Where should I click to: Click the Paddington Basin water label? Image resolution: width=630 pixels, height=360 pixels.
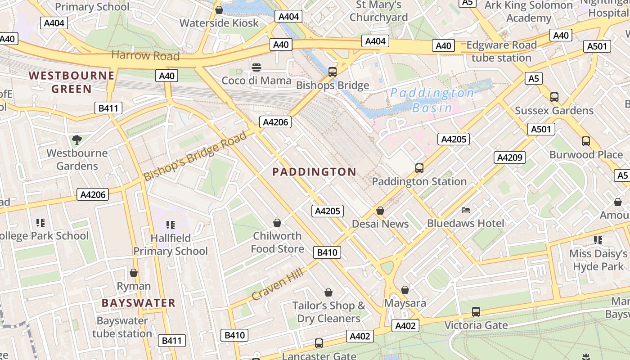pos(432,100)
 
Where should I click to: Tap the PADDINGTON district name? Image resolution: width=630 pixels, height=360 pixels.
pos(314,171)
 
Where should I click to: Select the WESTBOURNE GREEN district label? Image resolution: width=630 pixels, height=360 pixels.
pos(72,82)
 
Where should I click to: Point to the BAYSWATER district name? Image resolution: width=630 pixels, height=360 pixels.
pos(138,303)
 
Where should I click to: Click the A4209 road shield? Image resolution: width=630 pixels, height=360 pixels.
pos(510,157)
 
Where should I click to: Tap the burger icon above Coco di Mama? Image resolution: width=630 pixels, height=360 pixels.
pos(256,67)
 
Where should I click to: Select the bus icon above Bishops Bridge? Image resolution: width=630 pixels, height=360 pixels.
pos(333,72)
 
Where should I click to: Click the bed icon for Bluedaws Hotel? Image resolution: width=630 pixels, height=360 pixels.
pos(466,210)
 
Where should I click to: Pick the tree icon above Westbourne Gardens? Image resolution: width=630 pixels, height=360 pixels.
pos(77,140)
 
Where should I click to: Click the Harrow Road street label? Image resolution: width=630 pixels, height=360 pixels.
pos(145,56)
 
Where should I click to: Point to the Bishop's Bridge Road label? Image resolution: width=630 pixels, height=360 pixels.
pos(195,156)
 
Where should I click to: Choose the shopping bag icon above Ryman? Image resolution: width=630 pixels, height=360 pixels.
pos(134,273)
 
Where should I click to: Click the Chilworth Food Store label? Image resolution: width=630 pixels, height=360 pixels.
pos(277,242)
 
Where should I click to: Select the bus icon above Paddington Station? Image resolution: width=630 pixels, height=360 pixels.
pos(419,168)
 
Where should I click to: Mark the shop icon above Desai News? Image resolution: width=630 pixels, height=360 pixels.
pos(380,211)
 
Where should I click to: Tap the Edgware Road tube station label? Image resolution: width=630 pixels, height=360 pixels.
pos(501,51)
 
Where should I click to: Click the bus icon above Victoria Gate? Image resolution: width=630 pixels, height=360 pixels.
pos(476,311)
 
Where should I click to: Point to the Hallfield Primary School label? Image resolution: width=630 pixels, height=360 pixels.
pos(171,244)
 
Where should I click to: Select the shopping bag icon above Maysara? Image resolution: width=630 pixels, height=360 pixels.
pos(405,290)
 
